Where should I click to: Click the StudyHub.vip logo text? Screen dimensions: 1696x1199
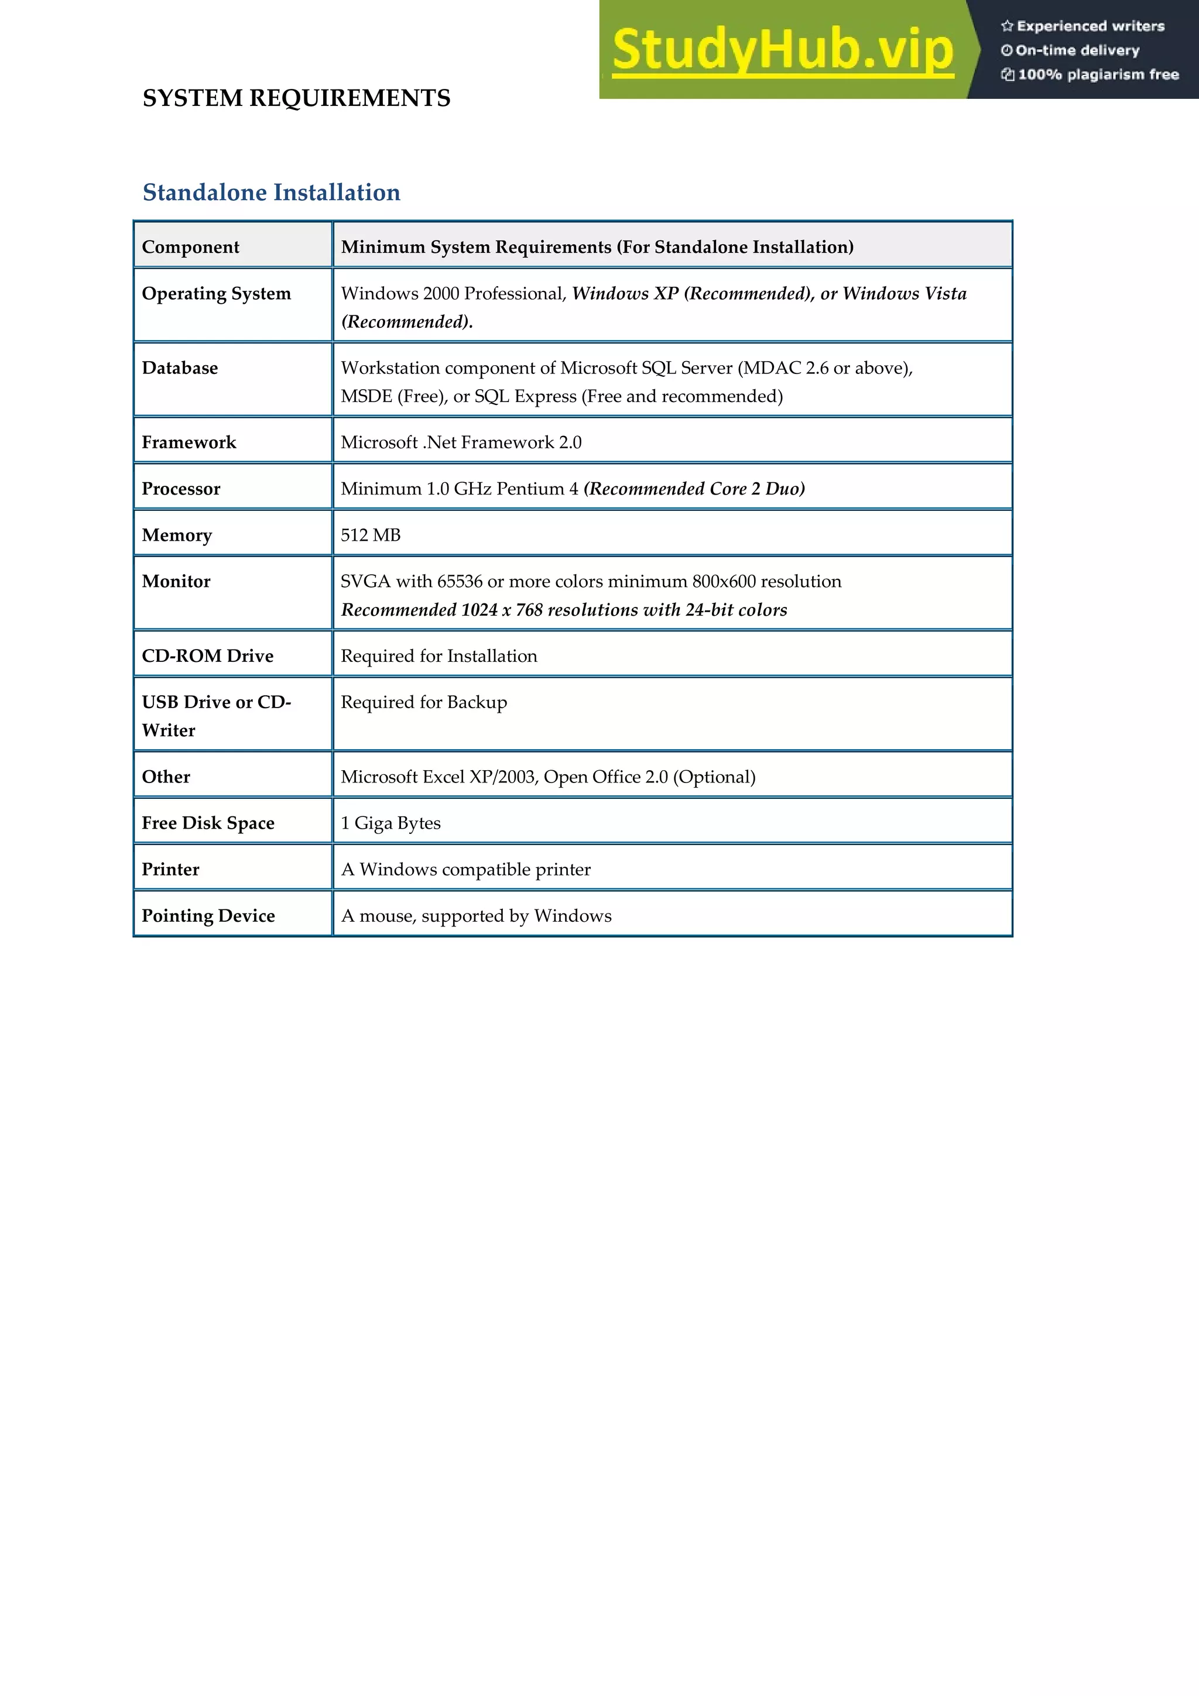pyautogui.click(x=782, y=50)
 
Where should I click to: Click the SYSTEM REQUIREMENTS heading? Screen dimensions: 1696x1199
pyautogui.click(x=296, y=98)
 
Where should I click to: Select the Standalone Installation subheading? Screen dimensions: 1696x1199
pyautogui.click(x=271, y=192)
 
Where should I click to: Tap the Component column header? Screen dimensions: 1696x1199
pyautogui.click(x=191, y=247)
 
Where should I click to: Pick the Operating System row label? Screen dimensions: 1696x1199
pyautogui.click(x=217, y=293)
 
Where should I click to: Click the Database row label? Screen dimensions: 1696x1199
pyautogui.click(x=180, y=368)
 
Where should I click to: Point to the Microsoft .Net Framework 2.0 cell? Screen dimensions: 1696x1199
pyautogui.click(x=461, y=442)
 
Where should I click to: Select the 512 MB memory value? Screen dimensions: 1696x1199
pyautogui.click(x=370, y=535)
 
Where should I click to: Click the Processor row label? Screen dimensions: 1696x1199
pyautogui.click(x=181, y=489)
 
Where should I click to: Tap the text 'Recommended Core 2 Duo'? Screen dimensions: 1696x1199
pyautogui.click(x=694, y=489)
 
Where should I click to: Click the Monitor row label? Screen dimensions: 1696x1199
pyautogui.click(x=176, y=581)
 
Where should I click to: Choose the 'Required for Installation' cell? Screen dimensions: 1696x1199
pyautogui.click(x=439, y=656)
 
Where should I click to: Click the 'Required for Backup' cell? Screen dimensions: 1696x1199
pyautogui.click(x=424, y=702)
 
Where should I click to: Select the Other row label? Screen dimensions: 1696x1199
pyautogui.click(x=166, y=777)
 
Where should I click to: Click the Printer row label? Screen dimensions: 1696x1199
pyautogui.click(x=170, y=870)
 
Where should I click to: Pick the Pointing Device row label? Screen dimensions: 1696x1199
pyautogui.click(x=208, y=916)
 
